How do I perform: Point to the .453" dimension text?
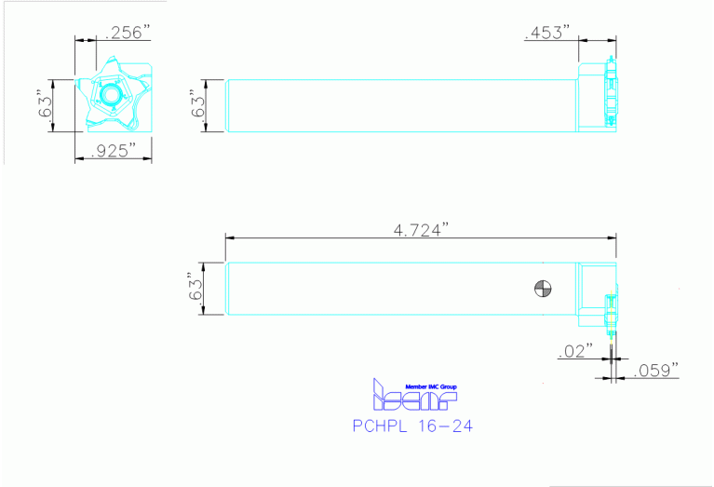pyautogui.click(x=546, y=33)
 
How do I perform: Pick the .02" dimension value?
pyautogui.click(x=573, y=351)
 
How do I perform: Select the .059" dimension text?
pyautogui.click(x=656, y=370)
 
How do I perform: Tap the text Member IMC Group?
pyautogui.click(x=431, y=386)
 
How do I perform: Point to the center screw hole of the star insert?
pyautogui.click(x=111, y=95)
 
